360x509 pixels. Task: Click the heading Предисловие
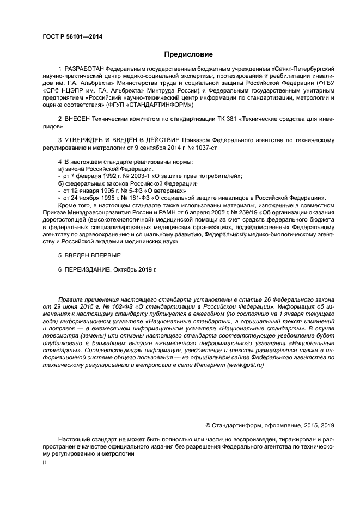pos(188,54)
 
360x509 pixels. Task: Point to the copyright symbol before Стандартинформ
pos(208,425)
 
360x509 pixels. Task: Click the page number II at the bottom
pos(44,461)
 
